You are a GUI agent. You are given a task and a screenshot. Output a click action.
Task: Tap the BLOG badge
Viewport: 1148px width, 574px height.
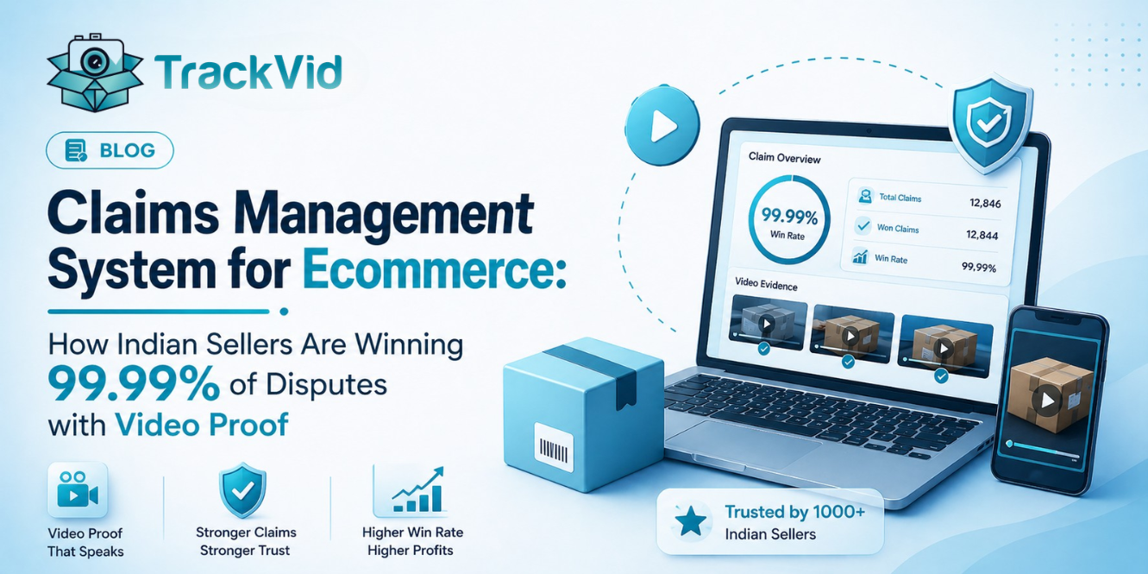110,151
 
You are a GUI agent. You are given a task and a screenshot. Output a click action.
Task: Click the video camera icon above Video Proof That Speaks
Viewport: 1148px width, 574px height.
78,491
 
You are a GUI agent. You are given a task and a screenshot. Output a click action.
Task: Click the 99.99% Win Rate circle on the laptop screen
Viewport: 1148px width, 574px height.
789,220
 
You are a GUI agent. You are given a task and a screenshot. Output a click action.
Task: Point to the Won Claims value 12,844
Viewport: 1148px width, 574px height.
982,234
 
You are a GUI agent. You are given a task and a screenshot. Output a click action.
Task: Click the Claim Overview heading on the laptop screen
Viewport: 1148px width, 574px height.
785,159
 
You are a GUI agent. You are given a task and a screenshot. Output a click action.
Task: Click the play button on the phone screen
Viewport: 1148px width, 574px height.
1047,400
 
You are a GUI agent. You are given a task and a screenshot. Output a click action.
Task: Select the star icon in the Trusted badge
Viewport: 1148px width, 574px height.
690,520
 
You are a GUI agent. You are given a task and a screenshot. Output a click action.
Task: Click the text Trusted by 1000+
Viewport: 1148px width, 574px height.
794,512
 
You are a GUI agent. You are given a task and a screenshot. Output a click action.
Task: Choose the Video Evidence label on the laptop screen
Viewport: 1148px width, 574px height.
766,284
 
